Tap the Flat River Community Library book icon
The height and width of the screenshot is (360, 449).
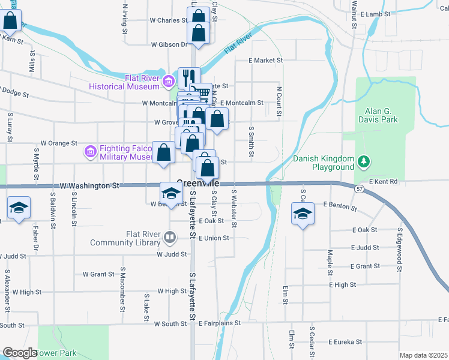170,239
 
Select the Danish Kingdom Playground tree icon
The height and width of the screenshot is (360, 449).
363,161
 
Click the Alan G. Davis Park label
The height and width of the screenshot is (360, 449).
381,115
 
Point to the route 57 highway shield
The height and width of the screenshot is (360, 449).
358,189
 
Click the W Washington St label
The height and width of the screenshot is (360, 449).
90,186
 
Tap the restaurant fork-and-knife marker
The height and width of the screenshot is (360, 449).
190,76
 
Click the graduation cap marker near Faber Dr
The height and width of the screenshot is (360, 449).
19,208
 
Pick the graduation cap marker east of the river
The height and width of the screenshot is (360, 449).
303,212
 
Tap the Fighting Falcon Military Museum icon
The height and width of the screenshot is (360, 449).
91,152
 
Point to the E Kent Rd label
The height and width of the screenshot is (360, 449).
384,181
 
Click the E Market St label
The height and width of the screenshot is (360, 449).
266,61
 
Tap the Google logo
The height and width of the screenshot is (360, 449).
20,353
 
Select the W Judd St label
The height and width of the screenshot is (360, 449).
167,254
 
